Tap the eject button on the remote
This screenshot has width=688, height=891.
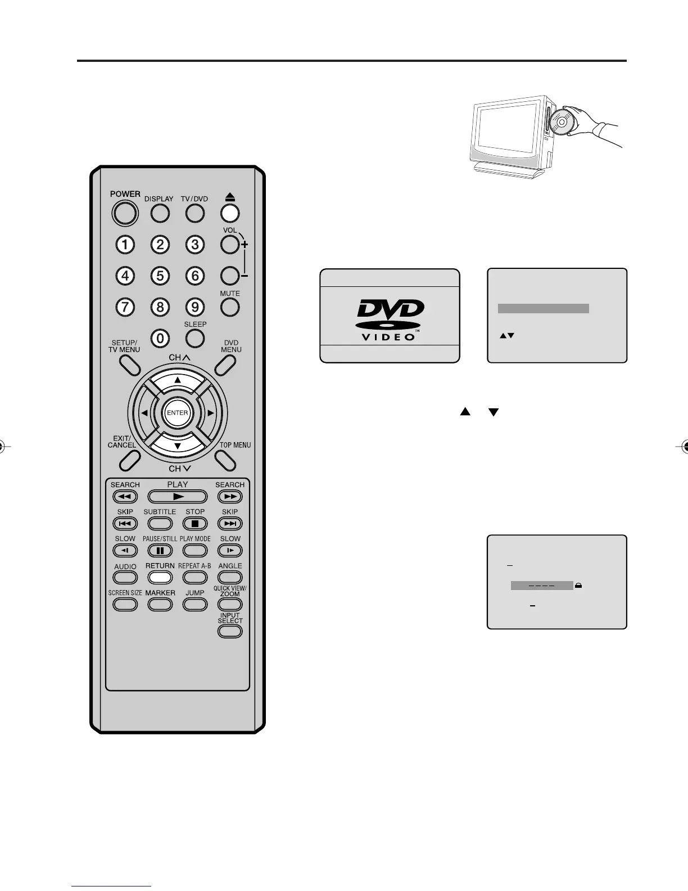point(230,213)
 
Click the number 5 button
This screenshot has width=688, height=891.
point(160,276)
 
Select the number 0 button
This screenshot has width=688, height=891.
point(160,338)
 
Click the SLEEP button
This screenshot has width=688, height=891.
point(195,337)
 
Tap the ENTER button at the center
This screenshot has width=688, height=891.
point(178,413)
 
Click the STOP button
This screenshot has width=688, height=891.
point(195,524)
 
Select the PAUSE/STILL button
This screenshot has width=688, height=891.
point(160,551)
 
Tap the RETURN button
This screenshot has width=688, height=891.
point(160,577)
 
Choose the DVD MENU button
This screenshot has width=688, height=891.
point(225,365)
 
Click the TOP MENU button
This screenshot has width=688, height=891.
point(225,461)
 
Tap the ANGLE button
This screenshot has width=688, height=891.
point(230,577)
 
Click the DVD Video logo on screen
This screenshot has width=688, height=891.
point(390,319)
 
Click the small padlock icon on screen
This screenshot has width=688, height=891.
point(578,586)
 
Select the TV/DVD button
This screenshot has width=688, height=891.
point(195,213)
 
